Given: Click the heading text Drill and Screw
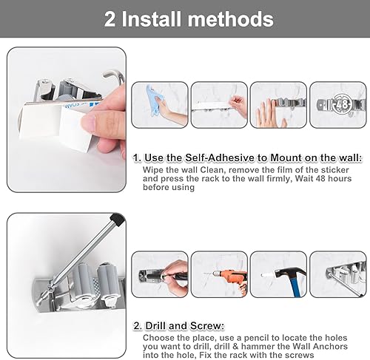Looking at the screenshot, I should tap(179, 325).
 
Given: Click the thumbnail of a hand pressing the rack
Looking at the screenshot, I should tap(278, 104).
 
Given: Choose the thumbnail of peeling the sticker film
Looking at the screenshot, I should tap(219, 104).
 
